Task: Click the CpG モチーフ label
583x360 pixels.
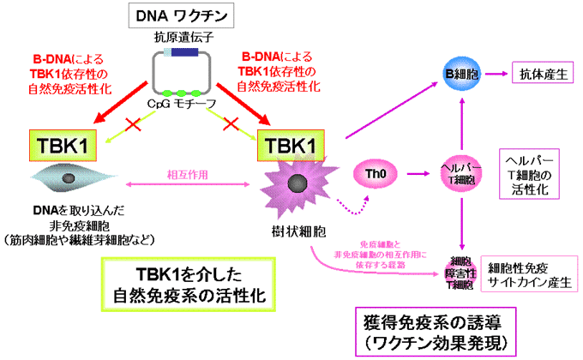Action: click(x=181, y=105)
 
